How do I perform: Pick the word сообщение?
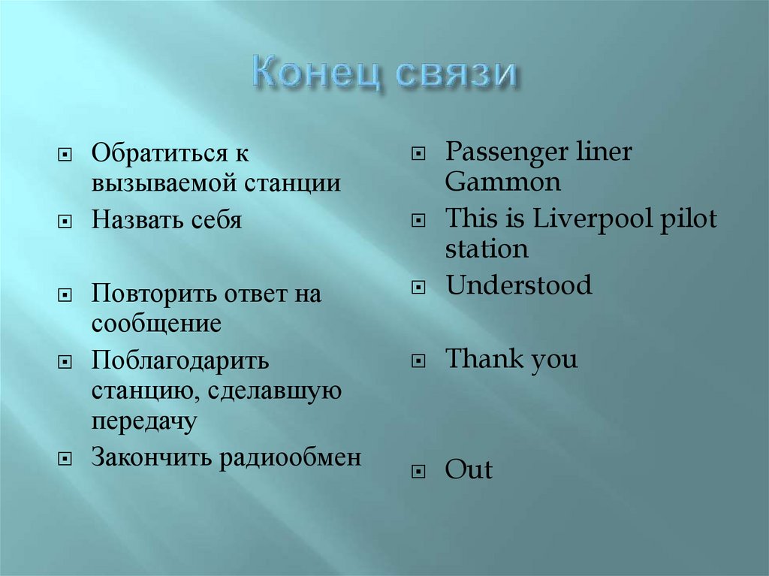[156, 324]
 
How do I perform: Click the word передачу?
[144, 421]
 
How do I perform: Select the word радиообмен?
[290, 457]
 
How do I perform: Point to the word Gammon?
[502, 182]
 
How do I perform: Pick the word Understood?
[518, 286]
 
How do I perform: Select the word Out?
[469, 471]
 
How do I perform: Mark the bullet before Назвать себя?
[66, 222]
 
